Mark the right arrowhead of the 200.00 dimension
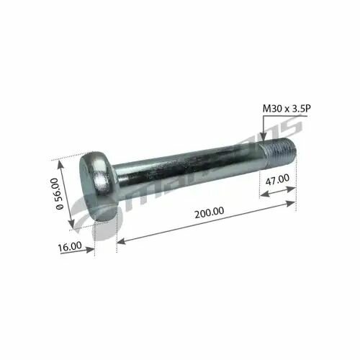292,204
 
